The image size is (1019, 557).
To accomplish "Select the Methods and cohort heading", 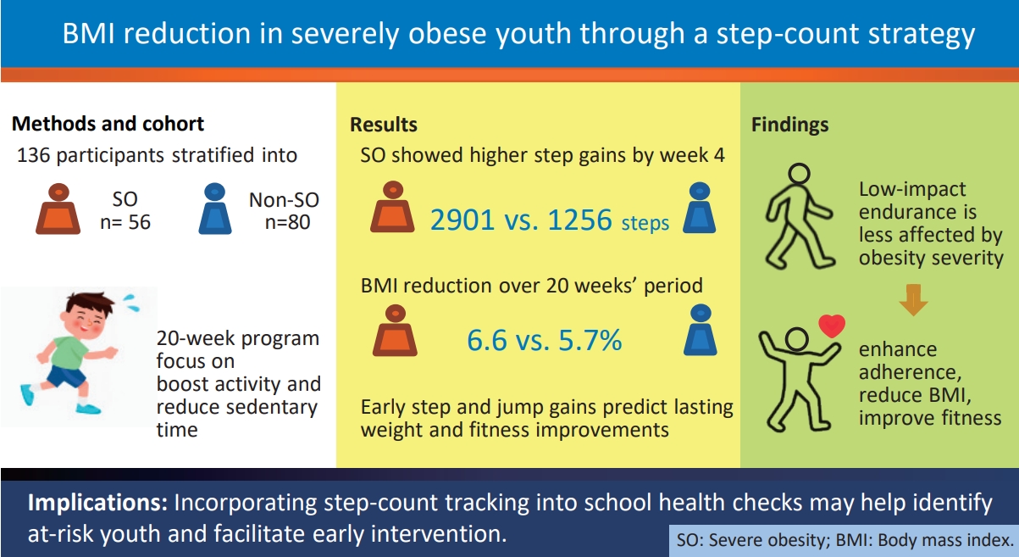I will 108,124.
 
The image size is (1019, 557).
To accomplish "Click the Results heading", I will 384,125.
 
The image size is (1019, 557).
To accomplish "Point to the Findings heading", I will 789,125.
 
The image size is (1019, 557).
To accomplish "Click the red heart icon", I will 833,326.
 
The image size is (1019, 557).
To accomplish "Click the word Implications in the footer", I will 97,503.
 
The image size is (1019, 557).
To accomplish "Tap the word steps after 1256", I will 645,224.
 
